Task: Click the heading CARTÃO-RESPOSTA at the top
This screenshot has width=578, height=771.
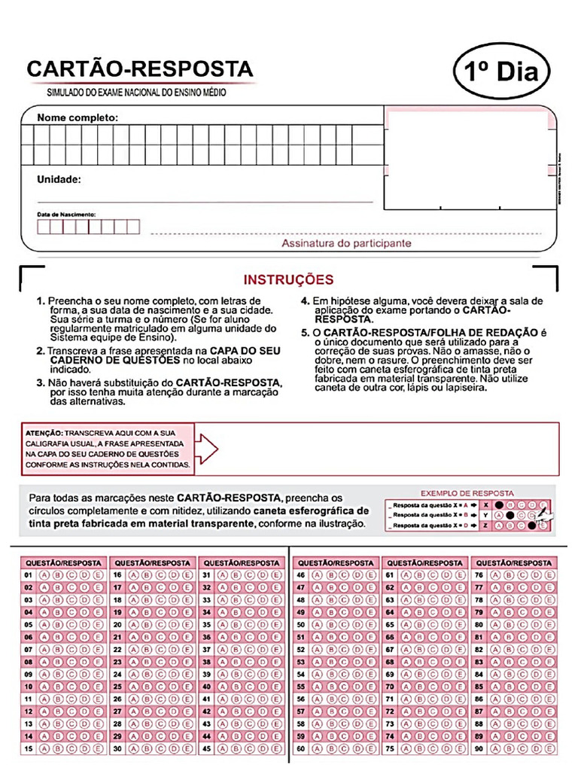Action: click(140, 69)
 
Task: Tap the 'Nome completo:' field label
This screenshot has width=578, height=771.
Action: click(78, 117)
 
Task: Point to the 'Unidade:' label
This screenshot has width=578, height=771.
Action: click(59, 180)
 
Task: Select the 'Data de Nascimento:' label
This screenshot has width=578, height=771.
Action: click(66, 215)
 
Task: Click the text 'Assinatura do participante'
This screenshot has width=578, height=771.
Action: click(346, 243)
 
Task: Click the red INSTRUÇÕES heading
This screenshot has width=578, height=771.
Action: click(288, 280)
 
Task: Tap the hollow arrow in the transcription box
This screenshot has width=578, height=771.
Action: click(207, 449)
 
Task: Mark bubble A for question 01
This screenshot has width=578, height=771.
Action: click(44, 575)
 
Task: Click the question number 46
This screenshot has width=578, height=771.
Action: click(301, 575)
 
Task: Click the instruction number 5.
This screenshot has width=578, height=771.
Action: click(305, 332)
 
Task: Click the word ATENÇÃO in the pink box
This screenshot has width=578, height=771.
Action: click(43, 434)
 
